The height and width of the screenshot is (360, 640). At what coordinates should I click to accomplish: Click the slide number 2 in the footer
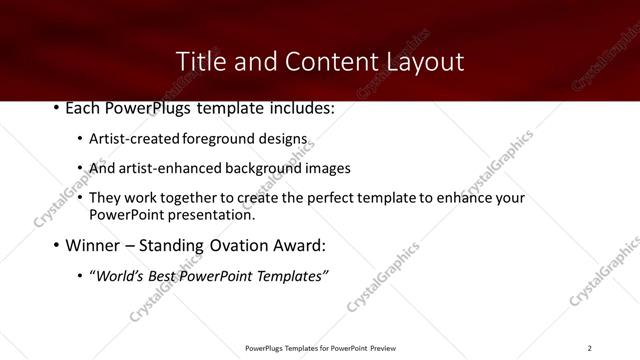coord(589,347)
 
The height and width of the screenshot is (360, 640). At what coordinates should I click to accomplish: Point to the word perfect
coord(334,198)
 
